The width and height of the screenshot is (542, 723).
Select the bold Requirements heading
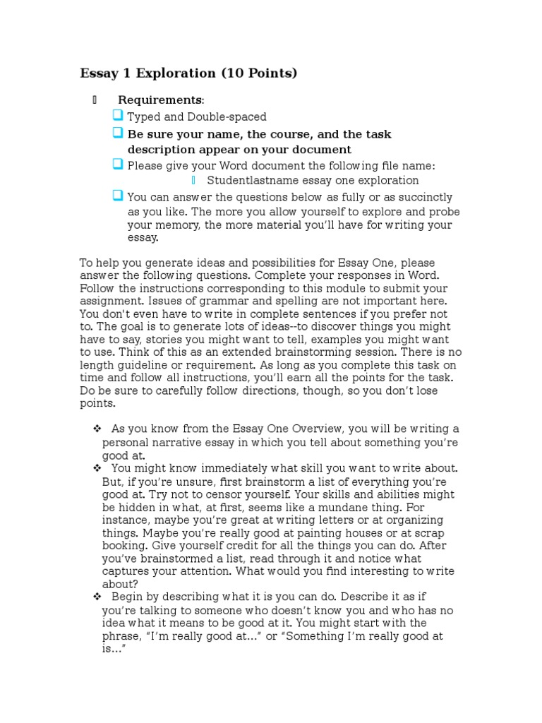(x=160, y=100)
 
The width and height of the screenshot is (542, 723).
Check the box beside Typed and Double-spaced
(x=118, y=116)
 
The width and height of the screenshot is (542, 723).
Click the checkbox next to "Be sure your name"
(x=118, y=133)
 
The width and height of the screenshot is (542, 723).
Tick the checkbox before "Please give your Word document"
(x=118, y=165)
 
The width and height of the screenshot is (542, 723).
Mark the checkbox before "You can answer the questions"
(x=118, y=196)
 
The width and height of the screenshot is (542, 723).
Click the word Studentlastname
(x=249, y=181)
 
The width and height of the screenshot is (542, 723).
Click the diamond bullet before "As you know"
(x=97, y=429)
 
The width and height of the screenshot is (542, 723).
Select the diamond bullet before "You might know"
(x=97, y=468)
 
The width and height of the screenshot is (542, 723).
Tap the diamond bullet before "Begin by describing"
(x=97, y=597)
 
